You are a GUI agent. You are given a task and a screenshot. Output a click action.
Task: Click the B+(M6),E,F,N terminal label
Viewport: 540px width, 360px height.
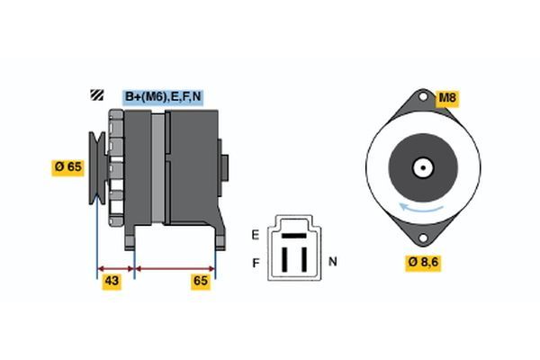(163, 97)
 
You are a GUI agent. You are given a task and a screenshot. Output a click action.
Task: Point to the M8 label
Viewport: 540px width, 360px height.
(447, 97)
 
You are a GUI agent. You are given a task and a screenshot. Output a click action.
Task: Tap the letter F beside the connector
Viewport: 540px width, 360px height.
(255, 263)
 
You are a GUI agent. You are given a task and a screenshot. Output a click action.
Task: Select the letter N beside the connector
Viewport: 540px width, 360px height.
(332, 262)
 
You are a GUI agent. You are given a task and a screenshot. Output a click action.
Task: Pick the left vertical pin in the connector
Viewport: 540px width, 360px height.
(284, 258)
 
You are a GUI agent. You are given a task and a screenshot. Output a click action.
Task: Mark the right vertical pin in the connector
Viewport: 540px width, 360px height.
(302, 258)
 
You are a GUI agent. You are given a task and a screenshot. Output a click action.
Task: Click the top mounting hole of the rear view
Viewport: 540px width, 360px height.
(420, 98)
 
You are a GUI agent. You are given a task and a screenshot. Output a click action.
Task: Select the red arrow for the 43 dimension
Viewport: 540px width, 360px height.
(115, 268)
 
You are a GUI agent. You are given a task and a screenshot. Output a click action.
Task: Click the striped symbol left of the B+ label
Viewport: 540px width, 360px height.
(94, 96)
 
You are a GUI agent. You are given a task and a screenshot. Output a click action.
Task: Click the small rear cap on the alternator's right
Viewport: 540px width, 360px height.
(224, 167)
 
